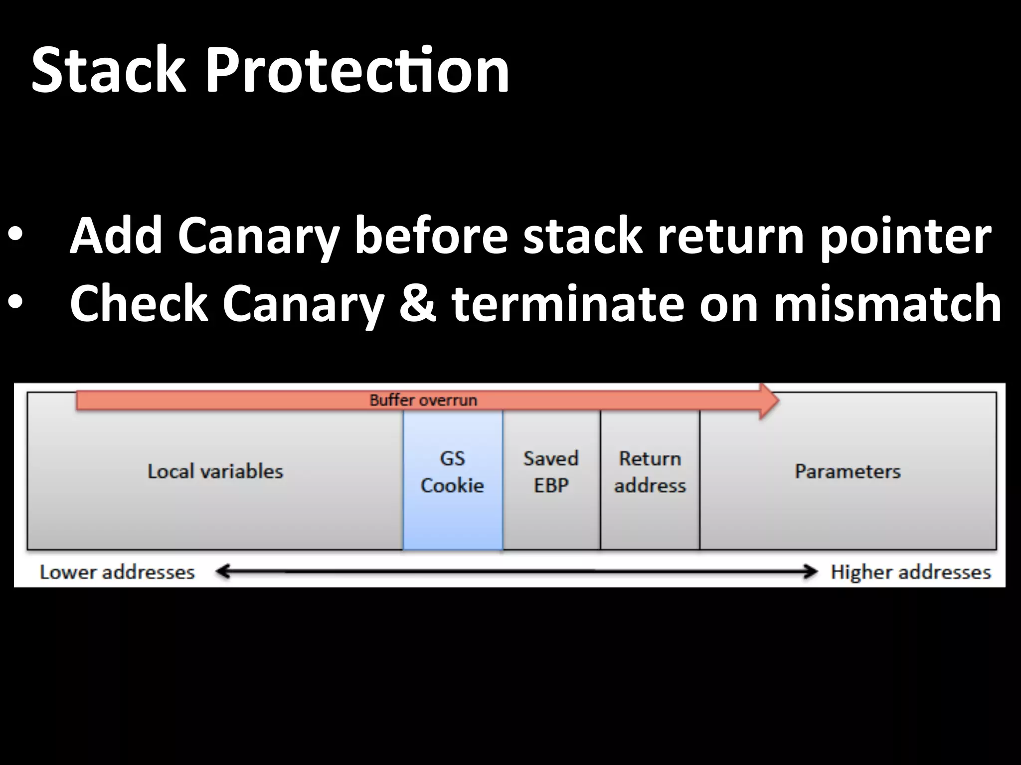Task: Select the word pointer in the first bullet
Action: tap(905, 235)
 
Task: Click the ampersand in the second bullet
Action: tap(418, 303)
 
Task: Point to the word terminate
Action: tap(568, 303)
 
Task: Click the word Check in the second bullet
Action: tap(139, 303)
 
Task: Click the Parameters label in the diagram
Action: tap(848, 471)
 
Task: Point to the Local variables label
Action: tap(215, 471)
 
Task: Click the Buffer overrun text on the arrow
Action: tap(423, 400)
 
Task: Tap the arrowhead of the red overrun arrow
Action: tap(768, 400)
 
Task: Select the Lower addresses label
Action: tap(117, 572)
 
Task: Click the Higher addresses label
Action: tap(910, 572)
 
